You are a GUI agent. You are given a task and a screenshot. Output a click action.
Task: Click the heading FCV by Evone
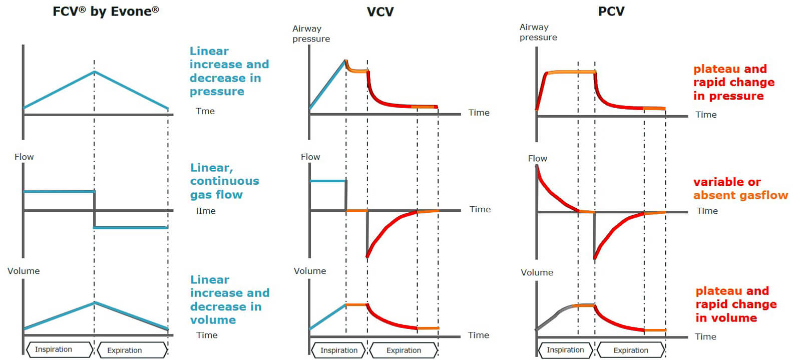click(106, 12)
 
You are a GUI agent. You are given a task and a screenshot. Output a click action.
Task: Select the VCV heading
click(380, 12)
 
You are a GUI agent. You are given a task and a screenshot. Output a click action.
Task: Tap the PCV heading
click(611, 11)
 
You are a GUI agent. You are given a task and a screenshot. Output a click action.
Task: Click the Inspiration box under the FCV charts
click(59, 349)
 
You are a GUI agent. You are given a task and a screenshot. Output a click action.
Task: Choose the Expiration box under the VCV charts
click(404, 350)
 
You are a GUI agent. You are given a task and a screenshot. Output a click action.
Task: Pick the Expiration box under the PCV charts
click(630, 350)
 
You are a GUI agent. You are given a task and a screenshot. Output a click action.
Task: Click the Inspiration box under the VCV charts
click(339, 350)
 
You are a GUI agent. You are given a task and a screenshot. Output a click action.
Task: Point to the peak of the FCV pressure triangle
click(94, 72)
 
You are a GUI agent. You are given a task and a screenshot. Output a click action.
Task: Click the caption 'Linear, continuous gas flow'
click(224, 181)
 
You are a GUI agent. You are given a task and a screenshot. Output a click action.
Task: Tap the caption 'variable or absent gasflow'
click(740, 188)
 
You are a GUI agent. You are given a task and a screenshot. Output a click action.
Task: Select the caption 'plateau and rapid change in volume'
click(735, 304)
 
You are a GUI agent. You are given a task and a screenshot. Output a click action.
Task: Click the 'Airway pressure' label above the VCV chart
click(311, 34)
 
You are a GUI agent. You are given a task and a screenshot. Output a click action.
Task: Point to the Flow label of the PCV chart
click(537, 158)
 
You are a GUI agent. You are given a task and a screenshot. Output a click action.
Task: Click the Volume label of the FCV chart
click(24, 271)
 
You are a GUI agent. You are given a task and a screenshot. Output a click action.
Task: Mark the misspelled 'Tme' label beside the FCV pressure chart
click(205, 111)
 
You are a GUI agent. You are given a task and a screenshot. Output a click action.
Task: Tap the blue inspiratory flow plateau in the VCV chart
click(328, 181)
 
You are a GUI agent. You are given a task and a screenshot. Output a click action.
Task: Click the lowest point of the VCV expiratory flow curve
click(367, 257)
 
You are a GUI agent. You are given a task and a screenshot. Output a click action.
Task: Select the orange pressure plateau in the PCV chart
click(571, 72)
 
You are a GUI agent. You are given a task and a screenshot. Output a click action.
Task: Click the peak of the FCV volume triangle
click(94, 303)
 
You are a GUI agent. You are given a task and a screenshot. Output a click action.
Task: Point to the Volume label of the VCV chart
click(309, 271)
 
